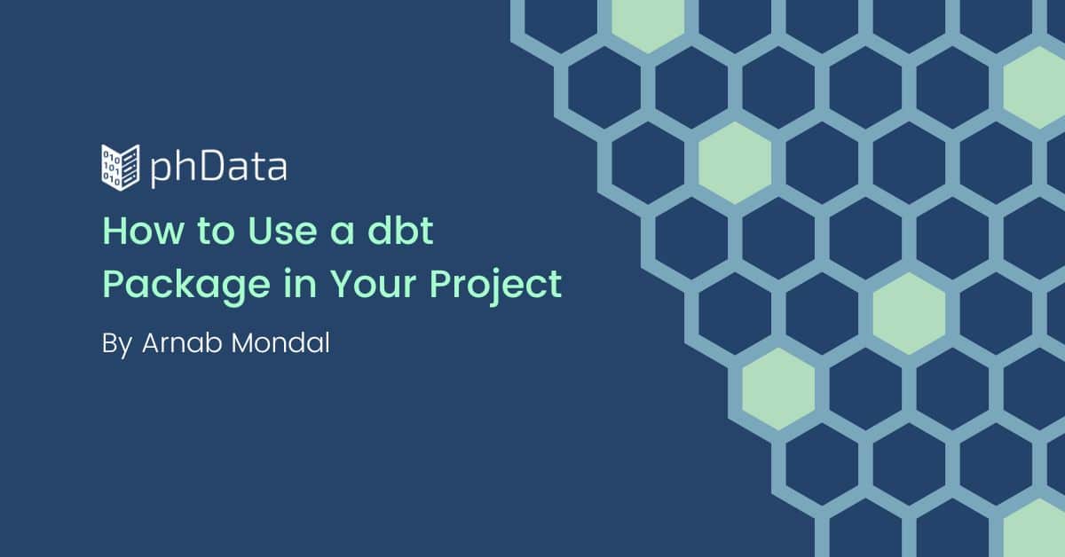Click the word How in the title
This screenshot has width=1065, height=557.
[143, 231]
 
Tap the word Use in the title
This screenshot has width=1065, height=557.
[282, 231]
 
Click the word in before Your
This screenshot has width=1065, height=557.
[300, 283]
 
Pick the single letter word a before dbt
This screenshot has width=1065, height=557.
[343, 234]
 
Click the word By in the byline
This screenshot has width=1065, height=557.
[117, 344]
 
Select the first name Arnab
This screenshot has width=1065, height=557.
[182, 342]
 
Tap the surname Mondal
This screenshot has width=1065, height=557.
[280, 342]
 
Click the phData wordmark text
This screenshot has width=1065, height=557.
[218, 168]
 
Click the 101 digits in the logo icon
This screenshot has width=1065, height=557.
[112, 168]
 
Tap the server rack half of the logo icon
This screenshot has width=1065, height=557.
[130, 168]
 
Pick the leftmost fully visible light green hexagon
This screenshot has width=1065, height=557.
[735, 163]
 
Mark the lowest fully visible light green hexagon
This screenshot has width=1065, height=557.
[778, 389]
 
